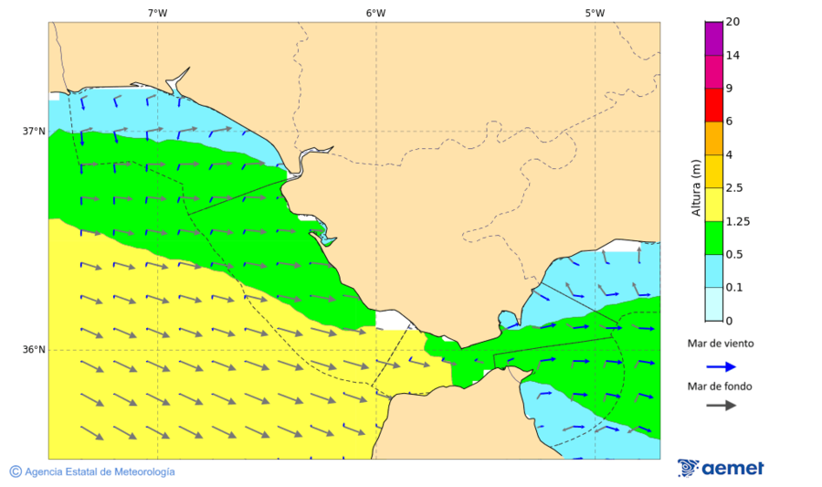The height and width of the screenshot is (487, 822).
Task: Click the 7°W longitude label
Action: (157, 13)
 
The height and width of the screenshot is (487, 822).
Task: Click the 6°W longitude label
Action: (375, 13)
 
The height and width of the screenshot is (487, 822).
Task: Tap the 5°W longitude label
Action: (595, 13)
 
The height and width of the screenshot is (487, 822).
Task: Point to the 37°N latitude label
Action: (34, 132)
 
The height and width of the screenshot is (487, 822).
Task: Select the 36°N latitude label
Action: (34, 350)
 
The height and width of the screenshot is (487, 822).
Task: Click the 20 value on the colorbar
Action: (732, 22)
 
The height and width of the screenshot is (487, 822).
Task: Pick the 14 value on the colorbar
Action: (732, 56)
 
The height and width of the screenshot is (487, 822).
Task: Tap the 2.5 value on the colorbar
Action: (733, 188)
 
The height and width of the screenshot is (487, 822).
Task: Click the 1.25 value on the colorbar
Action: (736, 221)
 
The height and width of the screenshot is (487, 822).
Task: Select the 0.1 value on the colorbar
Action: (733, 288)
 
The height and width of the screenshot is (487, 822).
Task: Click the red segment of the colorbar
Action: (713, 104)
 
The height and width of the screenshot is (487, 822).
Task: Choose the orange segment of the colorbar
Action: (713, 138)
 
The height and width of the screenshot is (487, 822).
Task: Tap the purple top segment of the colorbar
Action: (713, 38)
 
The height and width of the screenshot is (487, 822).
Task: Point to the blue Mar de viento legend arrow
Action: (721, 366)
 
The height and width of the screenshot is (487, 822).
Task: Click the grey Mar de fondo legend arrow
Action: (721, 405)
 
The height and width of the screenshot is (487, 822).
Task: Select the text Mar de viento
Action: (721, 344)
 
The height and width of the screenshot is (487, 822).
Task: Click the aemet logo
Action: (721, 468)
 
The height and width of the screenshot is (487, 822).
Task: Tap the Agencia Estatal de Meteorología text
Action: (100, 471)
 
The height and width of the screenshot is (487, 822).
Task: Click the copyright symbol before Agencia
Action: (16, 471)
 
